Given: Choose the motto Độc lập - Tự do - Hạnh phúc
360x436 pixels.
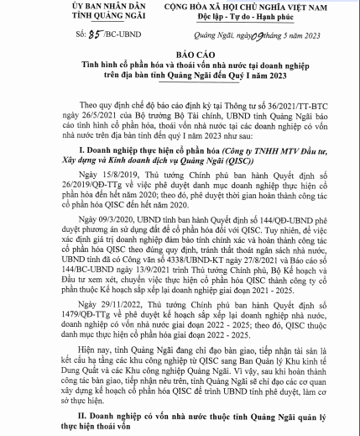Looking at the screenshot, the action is click(243, 18).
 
